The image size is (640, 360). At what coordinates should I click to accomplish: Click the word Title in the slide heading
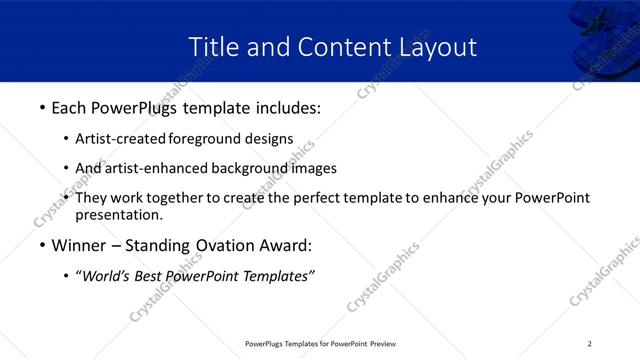click(x=212, y=46)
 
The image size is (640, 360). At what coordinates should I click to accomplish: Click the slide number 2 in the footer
click(x=589, y=344)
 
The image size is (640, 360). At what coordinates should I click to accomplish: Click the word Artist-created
click(x=121, y=139)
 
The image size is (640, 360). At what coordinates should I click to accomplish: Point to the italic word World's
click(x=106, y=276)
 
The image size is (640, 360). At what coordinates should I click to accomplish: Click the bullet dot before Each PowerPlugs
click(x=41, y=105)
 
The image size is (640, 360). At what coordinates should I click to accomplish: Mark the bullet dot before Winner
click(x=41, y=245)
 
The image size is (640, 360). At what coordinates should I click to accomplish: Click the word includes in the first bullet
click(x=284, y=105)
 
